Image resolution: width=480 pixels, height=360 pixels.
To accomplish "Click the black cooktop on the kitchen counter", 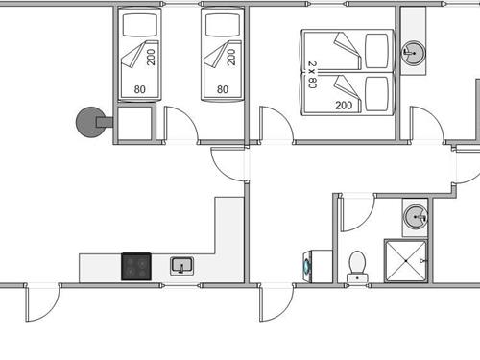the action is click(136, 266).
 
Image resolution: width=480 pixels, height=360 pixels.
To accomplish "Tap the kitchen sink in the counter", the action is click(182, 265).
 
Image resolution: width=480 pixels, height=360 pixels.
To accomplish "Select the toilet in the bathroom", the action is click(358, 264).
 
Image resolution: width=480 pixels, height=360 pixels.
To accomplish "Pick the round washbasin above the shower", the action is click(415, 216).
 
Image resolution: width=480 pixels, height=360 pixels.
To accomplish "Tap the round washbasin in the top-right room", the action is click(415, 52).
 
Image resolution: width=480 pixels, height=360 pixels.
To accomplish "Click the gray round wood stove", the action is click(90, 121).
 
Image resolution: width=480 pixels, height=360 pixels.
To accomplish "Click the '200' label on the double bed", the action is click(342, 105).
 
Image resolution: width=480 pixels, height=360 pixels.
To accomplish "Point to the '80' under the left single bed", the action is click(140, 90).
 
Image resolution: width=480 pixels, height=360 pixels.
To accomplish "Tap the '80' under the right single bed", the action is click(223, 90).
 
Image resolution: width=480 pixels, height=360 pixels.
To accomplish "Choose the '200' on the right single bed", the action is click(232, 55).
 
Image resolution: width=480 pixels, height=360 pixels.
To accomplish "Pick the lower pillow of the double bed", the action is click(376, 94).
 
